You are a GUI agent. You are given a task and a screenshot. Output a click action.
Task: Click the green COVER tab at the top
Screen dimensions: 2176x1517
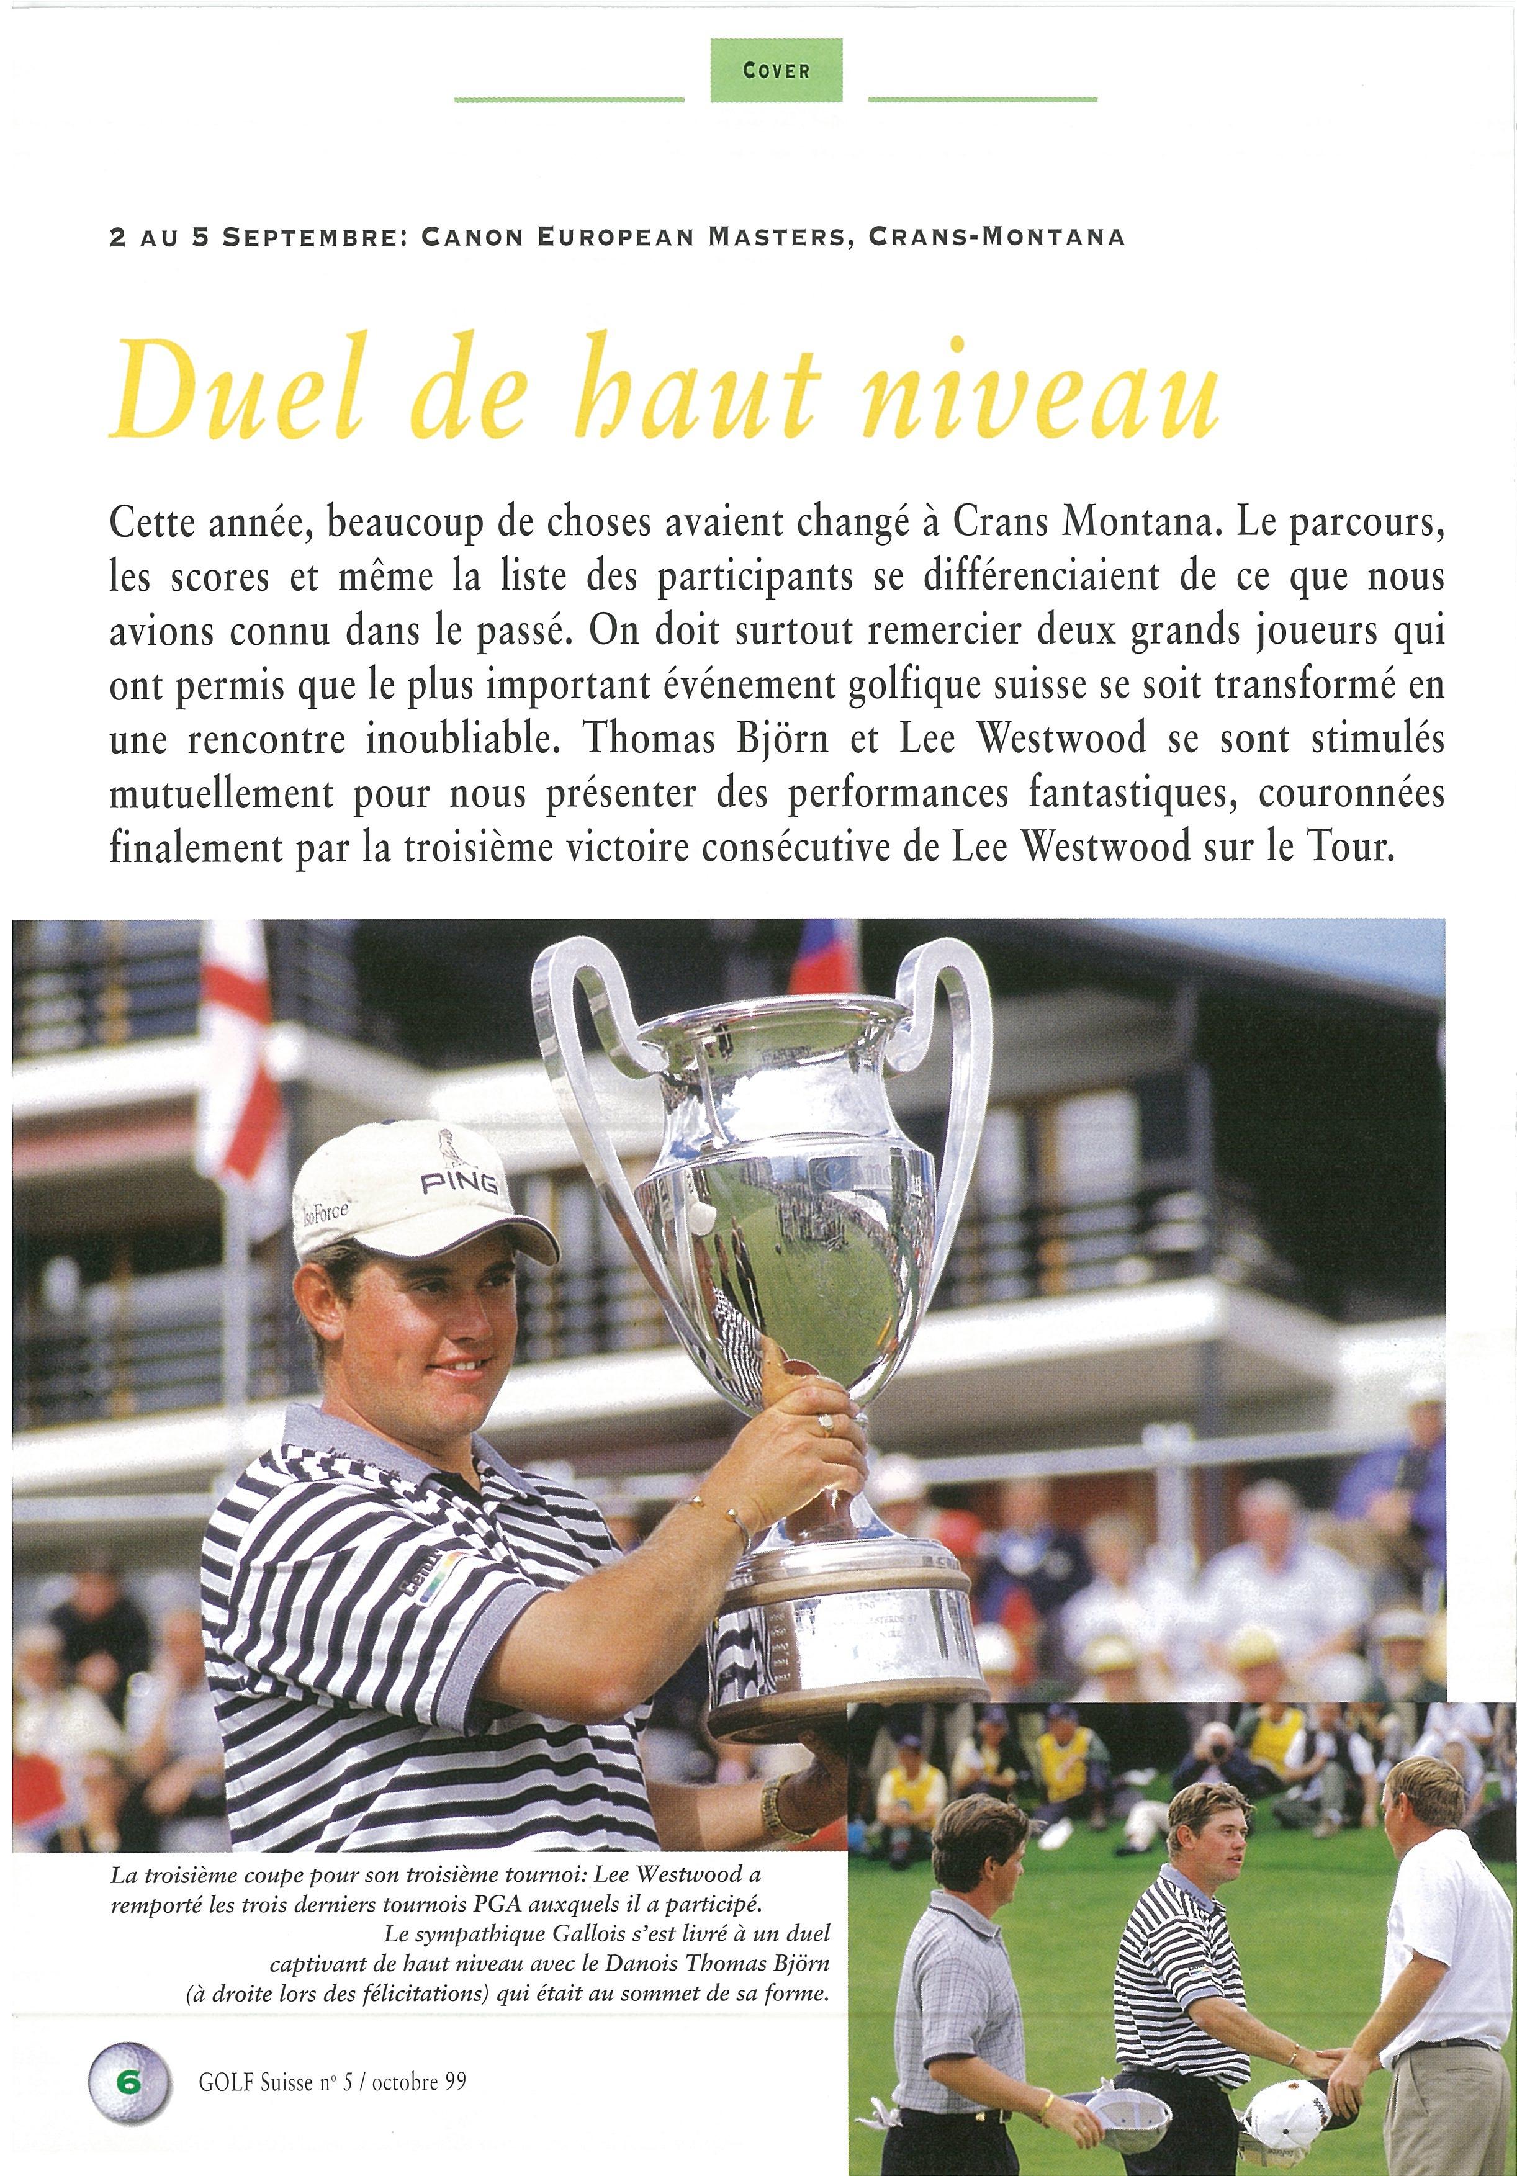coord(776,70)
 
